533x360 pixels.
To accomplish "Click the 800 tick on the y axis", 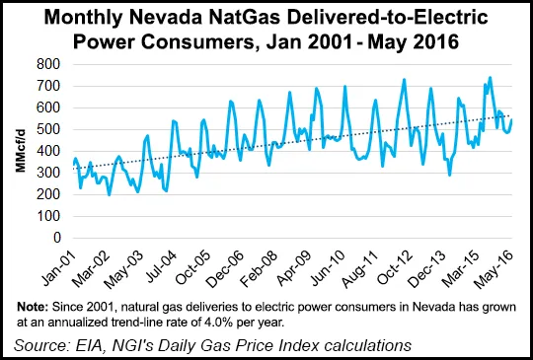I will pyautogui.click(x=45, y=64).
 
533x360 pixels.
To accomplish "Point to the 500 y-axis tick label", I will pyautogui.click(x=45, y=129).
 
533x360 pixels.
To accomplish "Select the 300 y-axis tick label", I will pyautogui.click(x=45, y=173).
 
